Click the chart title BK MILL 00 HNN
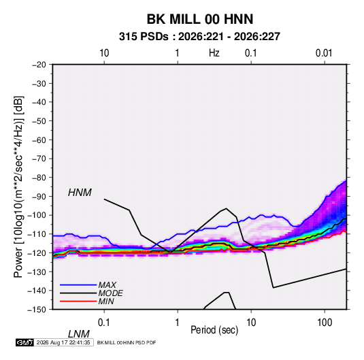200,19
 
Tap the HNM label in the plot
80,193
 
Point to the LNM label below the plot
78,334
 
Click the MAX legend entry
107,284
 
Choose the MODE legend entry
110,293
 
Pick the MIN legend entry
106,301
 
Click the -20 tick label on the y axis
39,65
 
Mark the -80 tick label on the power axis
39,178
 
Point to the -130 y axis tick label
37,272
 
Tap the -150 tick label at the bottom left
37,310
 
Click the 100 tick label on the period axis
324,323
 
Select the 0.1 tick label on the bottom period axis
104,323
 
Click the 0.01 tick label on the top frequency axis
324,53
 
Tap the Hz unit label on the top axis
214,53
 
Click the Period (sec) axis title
214,330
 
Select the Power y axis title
18,187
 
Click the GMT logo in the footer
24,342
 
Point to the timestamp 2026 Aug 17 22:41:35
63,342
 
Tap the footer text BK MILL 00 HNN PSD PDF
127,342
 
